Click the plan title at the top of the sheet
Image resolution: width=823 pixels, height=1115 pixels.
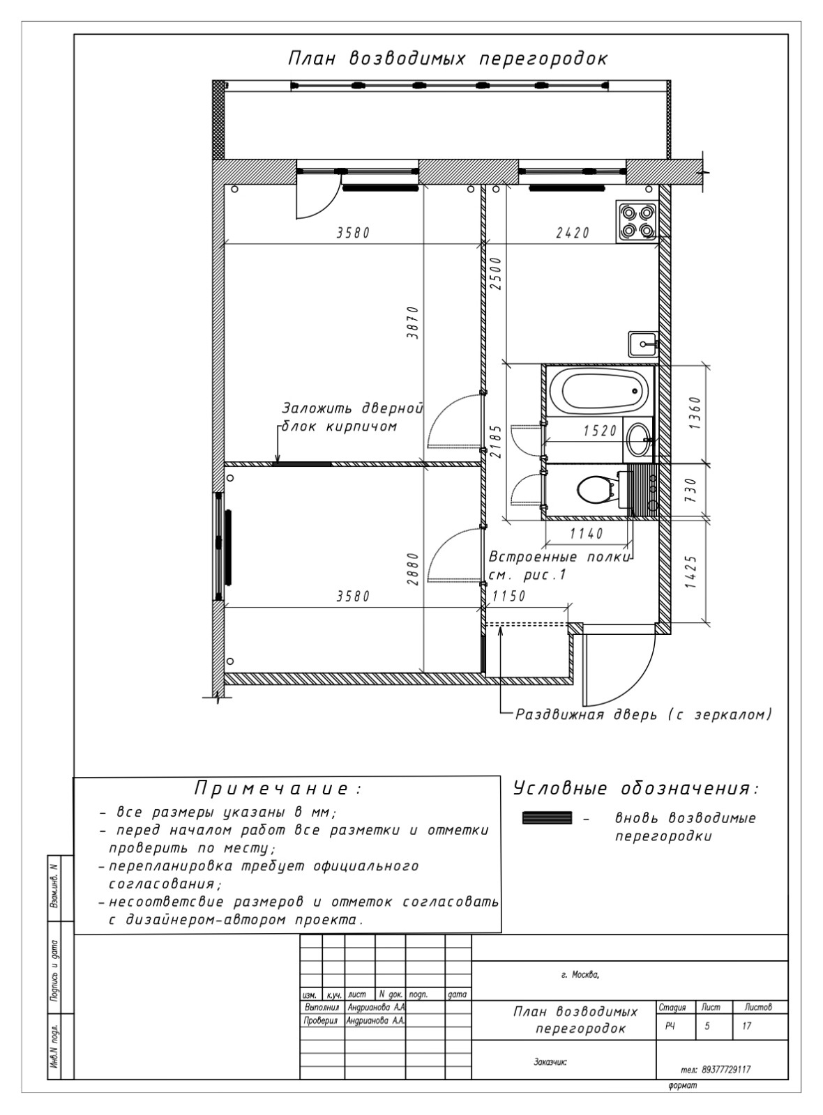click(x=448, y=59)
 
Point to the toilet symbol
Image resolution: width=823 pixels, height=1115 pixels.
click(x=597, y=489)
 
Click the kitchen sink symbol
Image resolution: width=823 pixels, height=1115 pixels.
click(x=643, y=344)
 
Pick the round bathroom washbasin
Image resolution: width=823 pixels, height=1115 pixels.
click(x=638, y=440)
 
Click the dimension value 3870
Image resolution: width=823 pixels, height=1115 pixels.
click(x=412, y=323)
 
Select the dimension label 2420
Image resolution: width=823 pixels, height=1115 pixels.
click(x=573, y=233)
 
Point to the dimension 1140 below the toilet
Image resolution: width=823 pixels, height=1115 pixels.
click(x=587, y=534)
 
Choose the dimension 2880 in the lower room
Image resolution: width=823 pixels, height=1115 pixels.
click(x=412, y=569)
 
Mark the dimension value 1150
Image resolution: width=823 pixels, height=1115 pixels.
click(x=508, y=596)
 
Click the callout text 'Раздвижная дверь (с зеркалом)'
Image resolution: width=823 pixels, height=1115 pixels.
click(x=644, y=715)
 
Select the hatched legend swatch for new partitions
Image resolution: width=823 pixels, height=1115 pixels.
click(x=547, y=817)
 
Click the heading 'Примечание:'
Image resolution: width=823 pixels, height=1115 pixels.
click(x=278, y=789)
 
